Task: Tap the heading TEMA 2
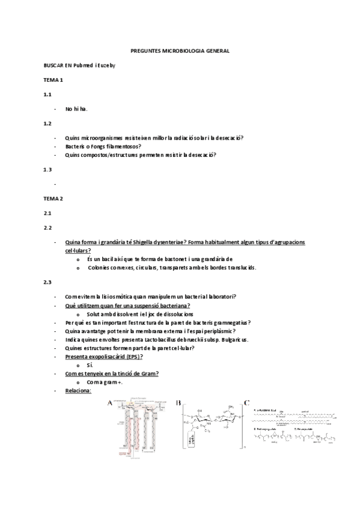[53, 198]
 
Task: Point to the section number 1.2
[47, 123]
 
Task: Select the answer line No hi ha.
[76, 109]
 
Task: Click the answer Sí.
[90, 365]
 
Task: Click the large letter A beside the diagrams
[109, 403]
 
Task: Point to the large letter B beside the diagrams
[178, 403]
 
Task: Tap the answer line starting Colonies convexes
[171, 267]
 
